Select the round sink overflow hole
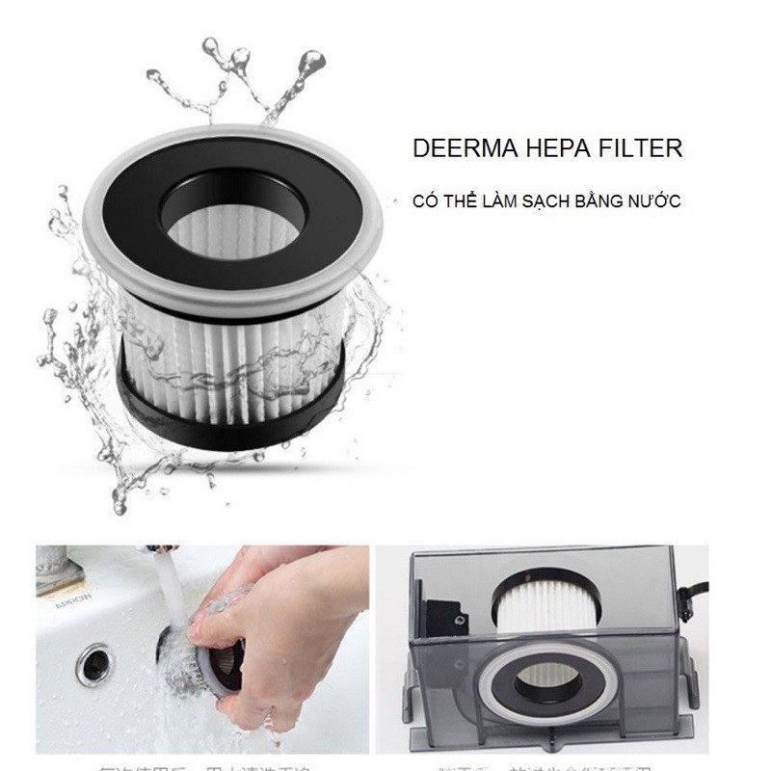[93, 665]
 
